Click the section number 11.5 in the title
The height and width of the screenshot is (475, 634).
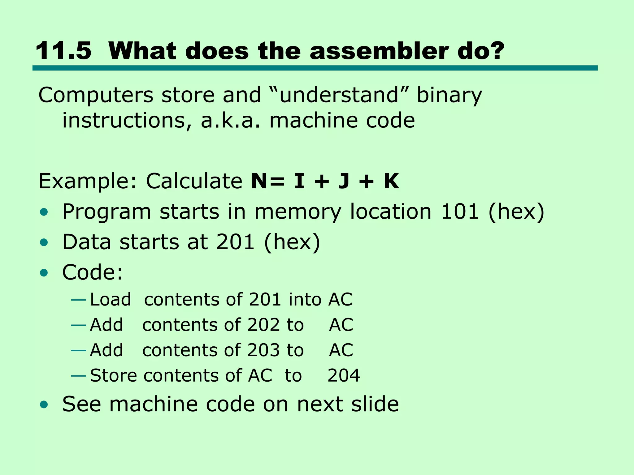tap(63, 51)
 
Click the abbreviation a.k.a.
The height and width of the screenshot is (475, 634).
tap(231, 120)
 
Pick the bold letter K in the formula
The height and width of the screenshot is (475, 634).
tap(391, 181)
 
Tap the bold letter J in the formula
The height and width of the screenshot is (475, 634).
tap(344, 181)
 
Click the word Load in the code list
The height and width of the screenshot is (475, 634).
tap(111, 299)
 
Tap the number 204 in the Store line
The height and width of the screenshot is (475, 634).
tap(344, 375)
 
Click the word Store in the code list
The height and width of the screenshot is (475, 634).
tap(113, 375)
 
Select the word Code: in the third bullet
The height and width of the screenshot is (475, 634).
tap(93, 272)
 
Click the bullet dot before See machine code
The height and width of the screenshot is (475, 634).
tap(44, 404)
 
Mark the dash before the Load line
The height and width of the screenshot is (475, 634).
tap(78, 300)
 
